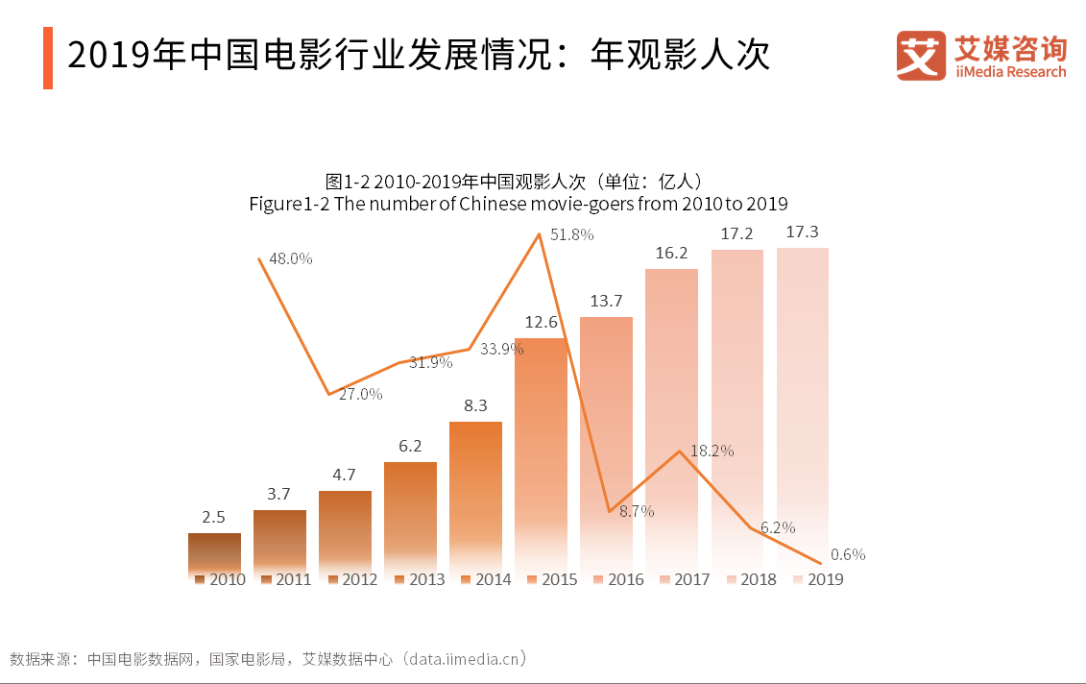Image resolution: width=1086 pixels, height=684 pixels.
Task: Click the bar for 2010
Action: tap(214, 552)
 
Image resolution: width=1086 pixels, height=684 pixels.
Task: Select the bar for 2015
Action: tap(541, 452)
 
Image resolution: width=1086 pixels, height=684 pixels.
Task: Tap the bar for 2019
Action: tap(802, 403)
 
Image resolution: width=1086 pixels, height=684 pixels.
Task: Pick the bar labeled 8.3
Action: tap(475, 495)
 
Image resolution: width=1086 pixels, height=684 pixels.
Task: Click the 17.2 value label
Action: tap(736, 233)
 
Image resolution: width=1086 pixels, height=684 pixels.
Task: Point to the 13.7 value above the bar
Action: tap(606, 301)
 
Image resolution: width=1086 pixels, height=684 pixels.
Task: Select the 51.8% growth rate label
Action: tap(572, 234)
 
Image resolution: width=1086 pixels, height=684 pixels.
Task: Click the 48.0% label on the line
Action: tap(291, 258)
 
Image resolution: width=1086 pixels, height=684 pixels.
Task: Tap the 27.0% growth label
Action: tap(361, 394)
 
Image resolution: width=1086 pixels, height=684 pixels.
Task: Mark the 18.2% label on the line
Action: tap(712, 451)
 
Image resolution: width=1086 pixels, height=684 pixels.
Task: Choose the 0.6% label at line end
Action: tap(848, 554)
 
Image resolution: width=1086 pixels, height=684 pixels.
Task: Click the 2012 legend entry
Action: tap(351, 579)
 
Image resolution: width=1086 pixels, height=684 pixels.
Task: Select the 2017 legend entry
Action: tap(683, 579)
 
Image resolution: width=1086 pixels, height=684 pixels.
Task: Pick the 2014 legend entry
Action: tap(485, 579)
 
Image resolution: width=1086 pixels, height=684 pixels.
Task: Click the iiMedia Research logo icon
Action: tap(920, 55)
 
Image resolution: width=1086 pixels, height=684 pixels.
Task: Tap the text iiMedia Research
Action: tap(1010, 72)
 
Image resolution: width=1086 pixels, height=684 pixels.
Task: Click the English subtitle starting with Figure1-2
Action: tap(518, 204)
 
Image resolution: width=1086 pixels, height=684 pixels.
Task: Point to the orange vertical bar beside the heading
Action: tap(48, 58)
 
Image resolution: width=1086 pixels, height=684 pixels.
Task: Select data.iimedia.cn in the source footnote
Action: tap(466, 659)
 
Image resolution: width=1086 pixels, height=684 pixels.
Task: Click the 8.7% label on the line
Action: tap(637, 512)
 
